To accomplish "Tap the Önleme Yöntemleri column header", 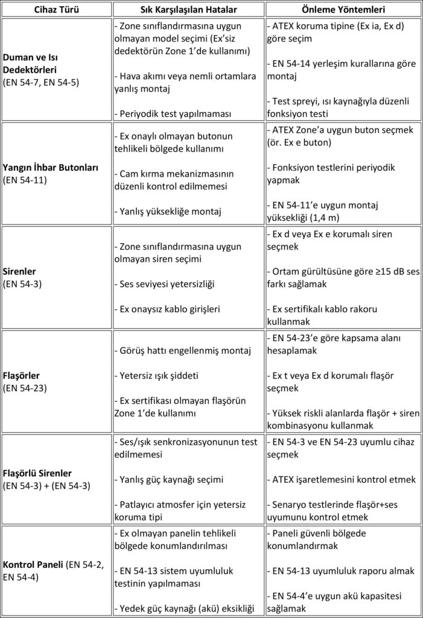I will tap(345, 10).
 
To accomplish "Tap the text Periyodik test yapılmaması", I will tap(171, 113).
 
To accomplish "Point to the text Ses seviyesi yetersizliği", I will tap(167, 284).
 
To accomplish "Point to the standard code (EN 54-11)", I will tap(24, 180).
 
